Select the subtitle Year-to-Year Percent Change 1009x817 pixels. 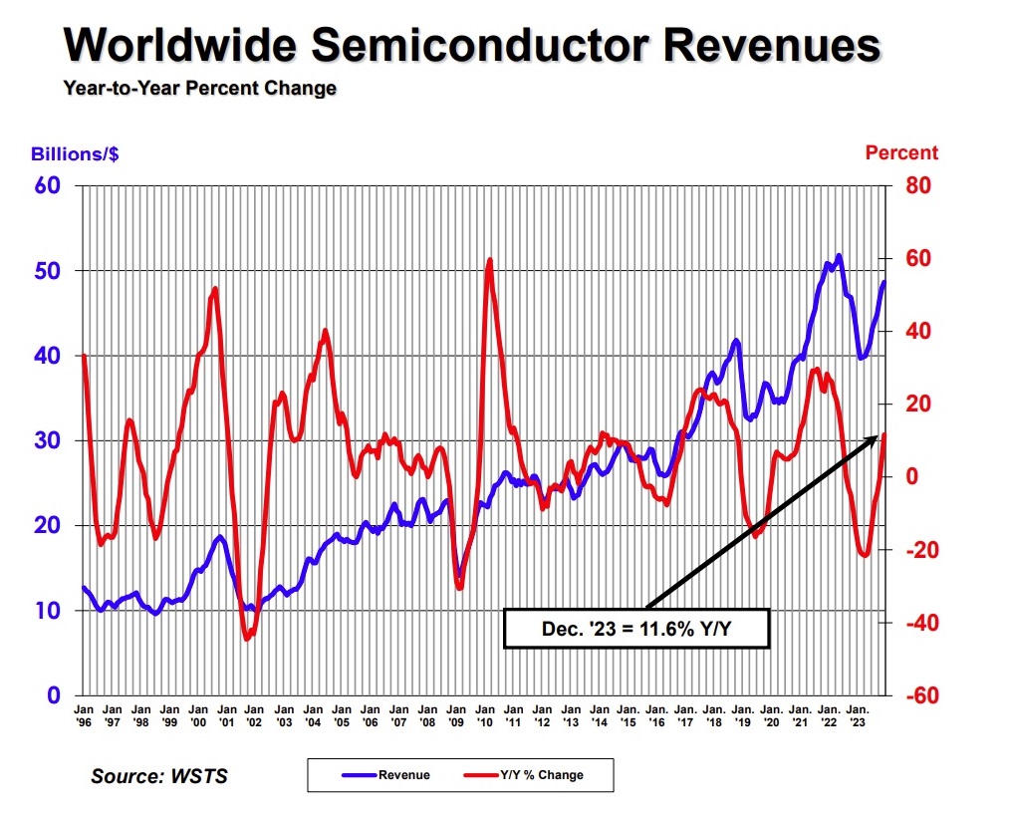coord(199,89)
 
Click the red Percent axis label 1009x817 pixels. coord(900,152)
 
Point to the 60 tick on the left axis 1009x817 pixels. coord(47,186)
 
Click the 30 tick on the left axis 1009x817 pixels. coord(47,440)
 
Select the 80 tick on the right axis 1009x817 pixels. coord(917,186)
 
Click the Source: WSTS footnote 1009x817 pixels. coord(159,775)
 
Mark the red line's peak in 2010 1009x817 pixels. coord(489,260)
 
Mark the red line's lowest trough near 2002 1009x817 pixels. coord(246,639)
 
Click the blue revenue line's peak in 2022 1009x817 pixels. coord(839,256)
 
